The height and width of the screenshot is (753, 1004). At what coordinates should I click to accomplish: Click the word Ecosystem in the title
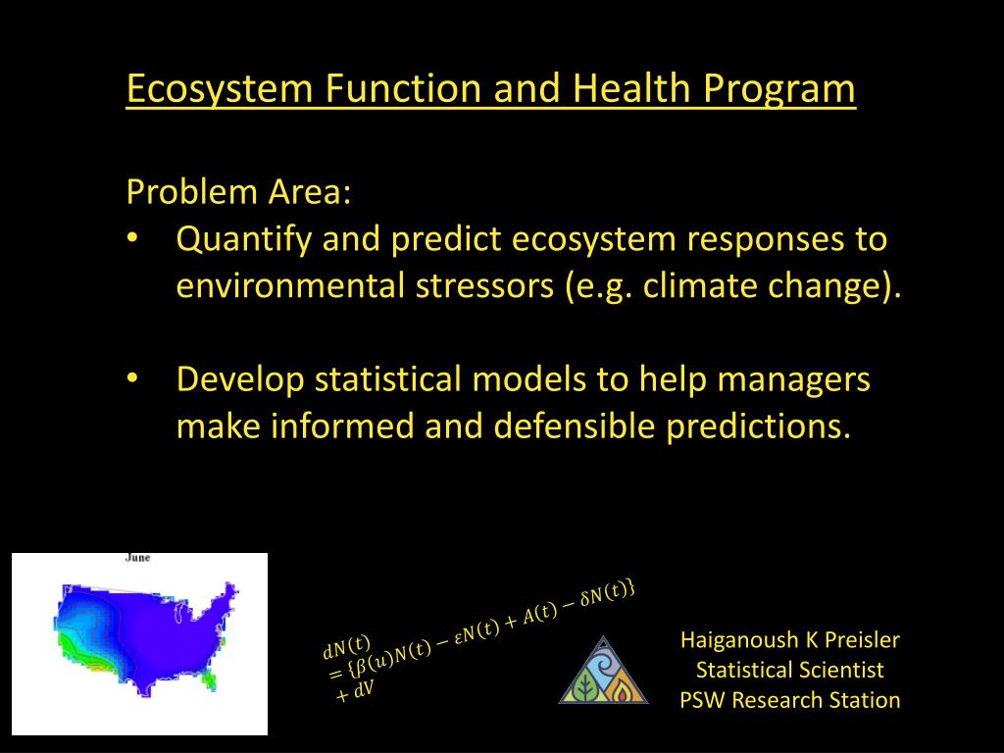coord(220,88)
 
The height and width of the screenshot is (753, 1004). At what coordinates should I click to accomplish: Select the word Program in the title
coord(779,89)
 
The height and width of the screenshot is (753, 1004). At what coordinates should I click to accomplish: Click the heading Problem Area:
coord(239,191)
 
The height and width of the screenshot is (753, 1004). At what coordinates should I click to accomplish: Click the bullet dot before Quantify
coord(132,238)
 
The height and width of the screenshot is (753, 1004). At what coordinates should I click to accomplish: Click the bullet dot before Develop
coord(132,378)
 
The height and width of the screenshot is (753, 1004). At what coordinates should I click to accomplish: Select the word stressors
coord(484,285)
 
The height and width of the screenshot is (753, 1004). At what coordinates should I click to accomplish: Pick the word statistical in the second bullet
coord(388,379)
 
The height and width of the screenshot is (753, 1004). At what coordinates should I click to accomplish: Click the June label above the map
coord(137,558)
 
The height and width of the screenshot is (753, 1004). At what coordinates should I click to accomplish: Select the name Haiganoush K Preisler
coord(790,639)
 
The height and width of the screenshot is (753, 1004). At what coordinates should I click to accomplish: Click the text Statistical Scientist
coord(790,670)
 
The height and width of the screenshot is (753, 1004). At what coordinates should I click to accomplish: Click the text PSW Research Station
coord(790,700)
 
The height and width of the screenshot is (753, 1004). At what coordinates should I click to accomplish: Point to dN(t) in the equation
coord(346,648)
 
